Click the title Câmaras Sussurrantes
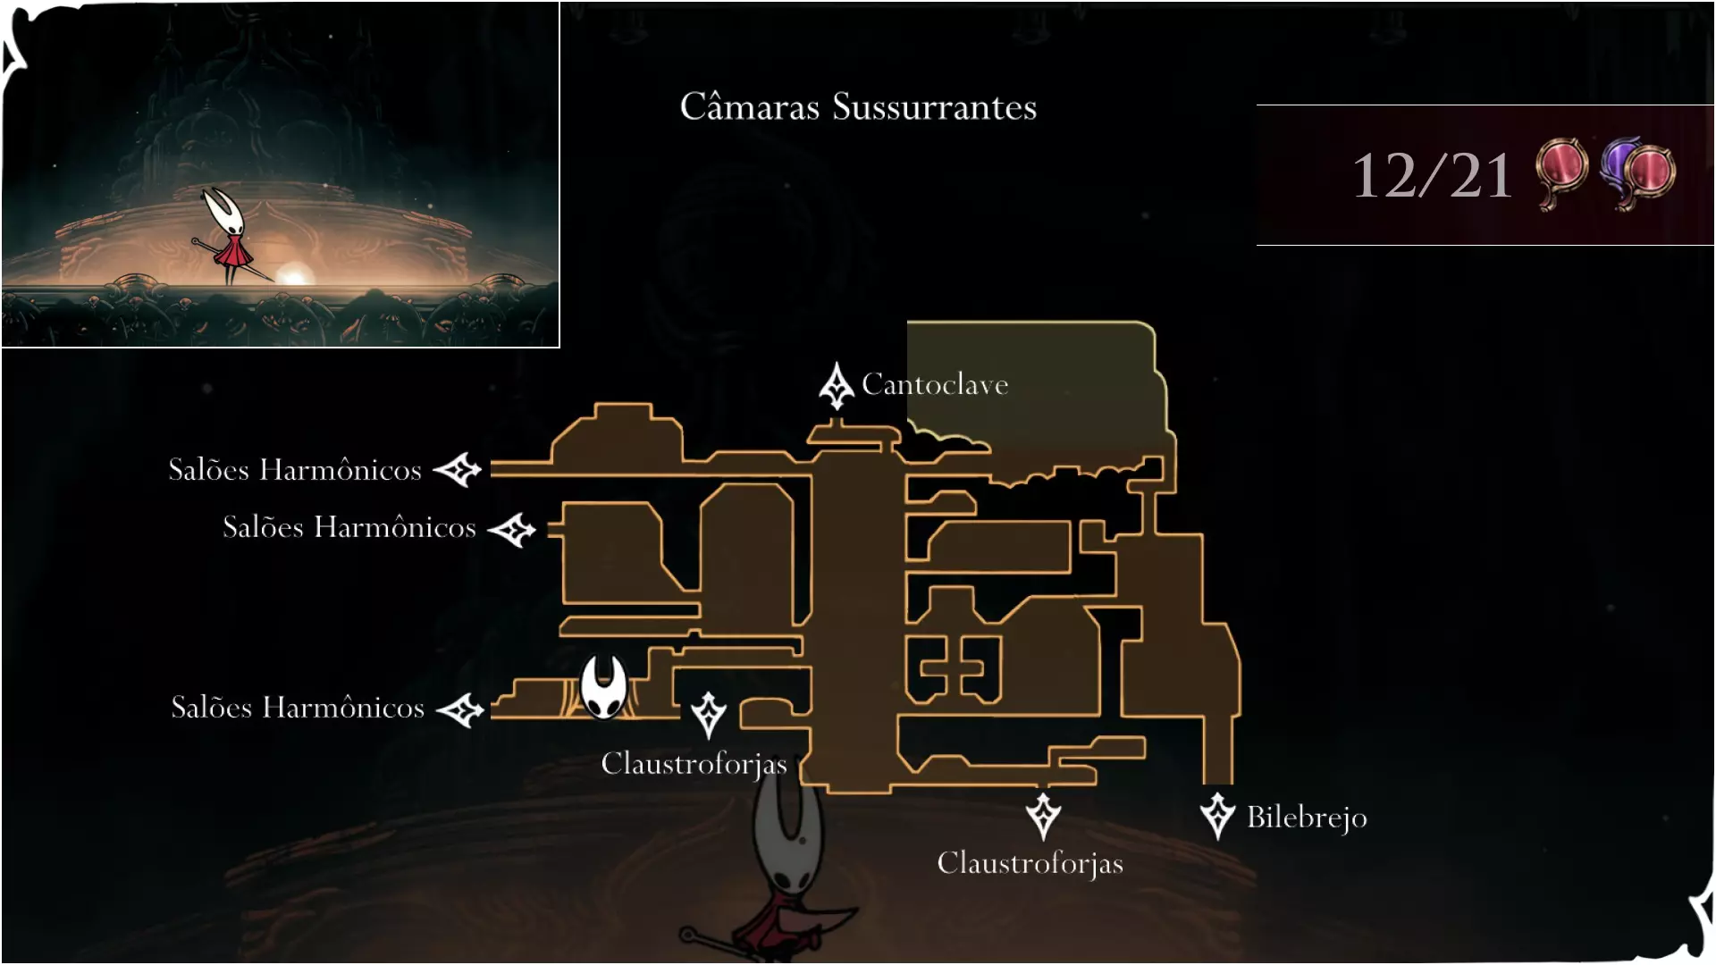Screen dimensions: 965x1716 coord(858,107)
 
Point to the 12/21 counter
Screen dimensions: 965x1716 coord(1432,175)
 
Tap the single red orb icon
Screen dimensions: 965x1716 coord(1560,172)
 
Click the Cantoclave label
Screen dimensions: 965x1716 coord(935,384)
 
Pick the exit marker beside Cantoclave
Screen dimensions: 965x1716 coord(837,386)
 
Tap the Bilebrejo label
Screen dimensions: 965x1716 coord(1307,817)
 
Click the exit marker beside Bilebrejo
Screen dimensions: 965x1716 coord(1217,815)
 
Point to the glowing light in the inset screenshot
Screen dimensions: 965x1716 coord(291,273)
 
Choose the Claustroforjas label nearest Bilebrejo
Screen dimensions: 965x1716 coord(1030,863)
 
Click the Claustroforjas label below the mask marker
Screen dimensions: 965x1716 coord(694,764)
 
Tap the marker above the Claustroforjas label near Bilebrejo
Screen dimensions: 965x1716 coord(1043,815)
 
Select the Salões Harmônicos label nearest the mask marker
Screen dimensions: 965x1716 coord(298,708)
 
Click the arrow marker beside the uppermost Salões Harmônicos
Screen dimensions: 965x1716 coord(458,469)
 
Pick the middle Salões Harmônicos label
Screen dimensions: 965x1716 coord(349,527)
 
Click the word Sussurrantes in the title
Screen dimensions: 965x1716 coord(934,107)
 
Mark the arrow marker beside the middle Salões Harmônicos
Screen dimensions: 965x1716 coord(512,530)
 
